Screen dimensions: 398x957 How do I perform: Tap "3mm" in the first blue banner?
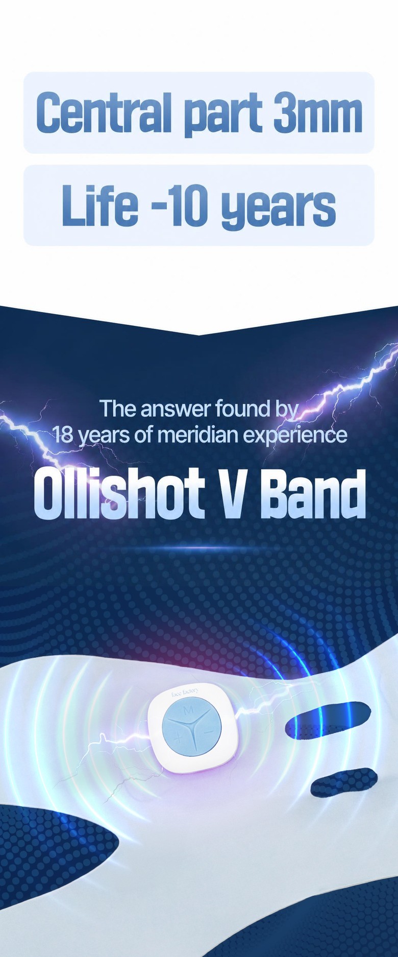point(317,112)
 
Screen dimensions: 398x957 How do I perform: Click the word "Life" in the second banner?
point(100,205)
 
